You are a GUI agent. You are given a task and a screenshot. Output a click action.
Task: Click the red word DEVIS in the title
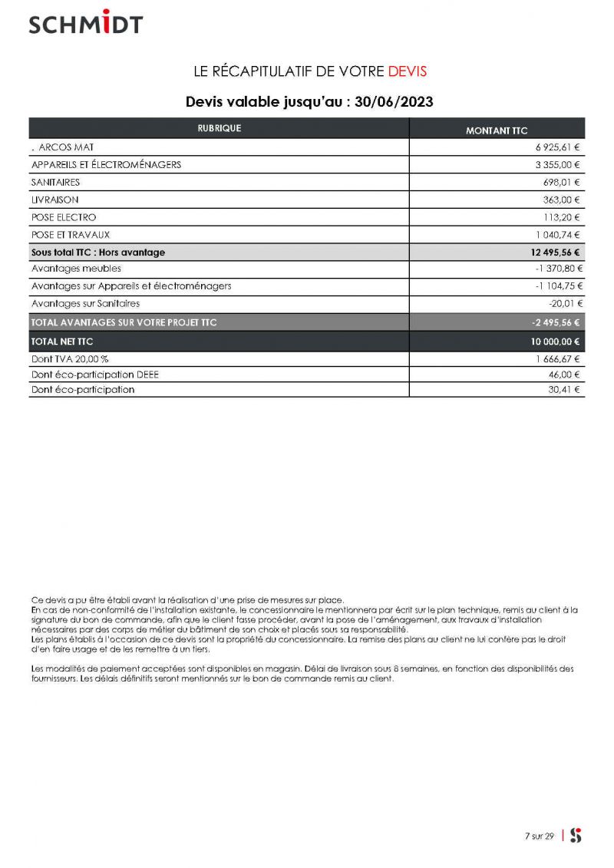click(x=407, y=71)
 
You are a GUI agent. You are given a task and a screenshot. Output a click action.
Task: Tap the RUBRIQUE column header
click(x=219, y=128)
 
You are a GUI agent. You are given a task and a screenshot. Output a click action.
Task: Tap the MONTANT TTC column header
click(x=497, y=130)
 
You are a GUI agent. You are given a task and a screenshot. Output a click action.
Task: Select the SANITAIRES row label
click(x=55, y=182)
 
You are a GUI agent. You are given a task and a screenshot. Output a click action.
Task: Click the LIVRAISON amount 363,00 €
click(x=563, y=200)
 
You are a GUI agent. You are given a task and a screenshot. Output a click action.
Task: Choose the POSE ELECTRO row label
click(x=64, y=217)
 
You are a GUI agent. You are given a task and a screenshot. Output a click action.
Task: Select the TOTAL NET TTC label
click(x=62, y=342)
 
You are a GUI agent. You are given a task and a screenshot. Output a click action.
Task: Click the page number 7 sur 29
click(x=539, y=837)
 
